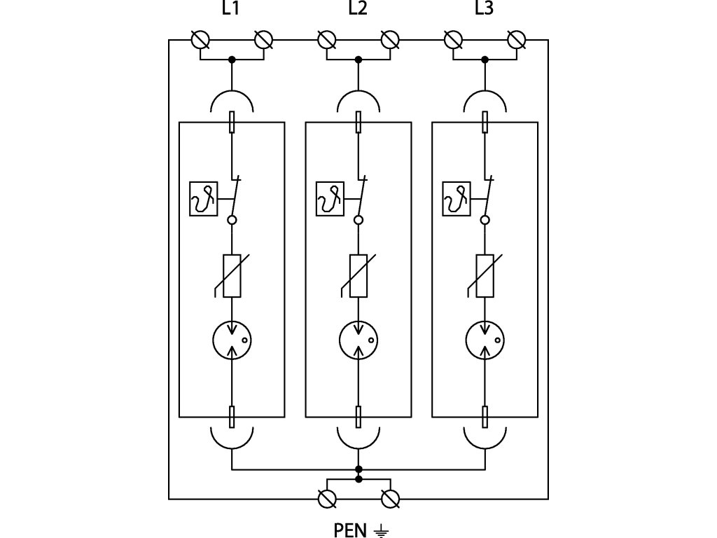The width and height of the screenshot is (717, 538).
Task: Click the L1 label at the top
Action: (231, 8)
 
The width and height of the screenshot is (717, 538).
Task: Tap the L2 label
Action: (357, 8)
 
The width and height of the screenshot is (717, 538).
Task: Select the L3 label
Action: (484, 8)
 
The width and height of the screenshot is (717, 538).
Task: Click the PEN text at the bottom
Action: (350, 530)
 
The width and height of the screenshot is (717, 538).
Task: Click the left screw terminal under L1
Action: (200, 40)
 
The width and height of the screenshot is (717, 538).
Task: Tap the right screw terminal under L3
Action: (517, 40)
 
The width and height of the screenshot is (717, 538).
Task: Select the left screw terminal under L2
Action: (326, 40)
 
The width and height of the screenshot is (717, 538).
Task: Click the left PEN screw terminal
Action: (327, 499)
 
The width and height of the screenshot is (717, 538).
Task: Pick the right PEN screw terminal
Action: (390, 499)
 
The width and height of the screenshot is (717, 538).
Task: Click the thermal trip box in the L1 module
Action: (203, 199)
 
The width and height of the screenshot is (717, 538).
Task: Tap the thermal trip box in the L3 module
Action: (457, 199)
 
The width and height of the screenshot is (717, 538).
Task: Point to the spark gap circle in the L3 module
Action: (485, 340)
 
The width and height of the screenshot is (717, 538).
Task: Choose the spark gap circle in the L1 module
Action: (232, 340)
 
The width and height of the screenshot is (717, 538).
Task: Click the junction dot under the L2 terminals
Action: (358, 60)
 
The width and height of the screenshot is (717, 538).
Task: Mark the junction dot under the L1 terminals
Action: (232, 60)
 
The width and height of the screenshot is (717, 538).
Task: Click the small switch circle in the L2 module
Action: (358, 220)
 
